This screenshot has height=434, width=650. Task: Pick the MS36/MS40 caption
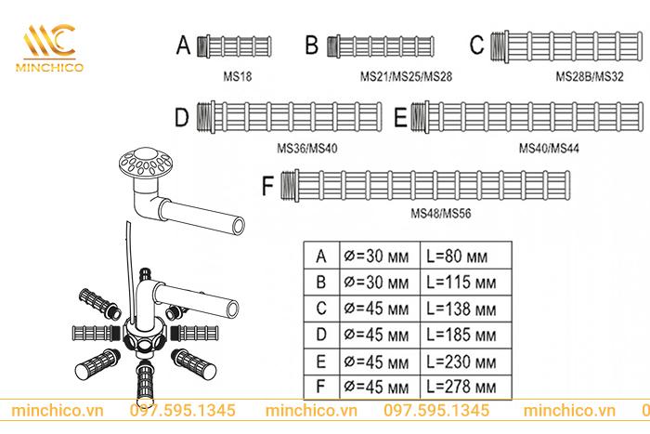306,147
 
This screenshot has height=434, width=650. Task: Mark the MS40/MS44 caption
547,147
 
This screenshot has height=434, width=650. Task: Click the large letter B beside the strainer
311,45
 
